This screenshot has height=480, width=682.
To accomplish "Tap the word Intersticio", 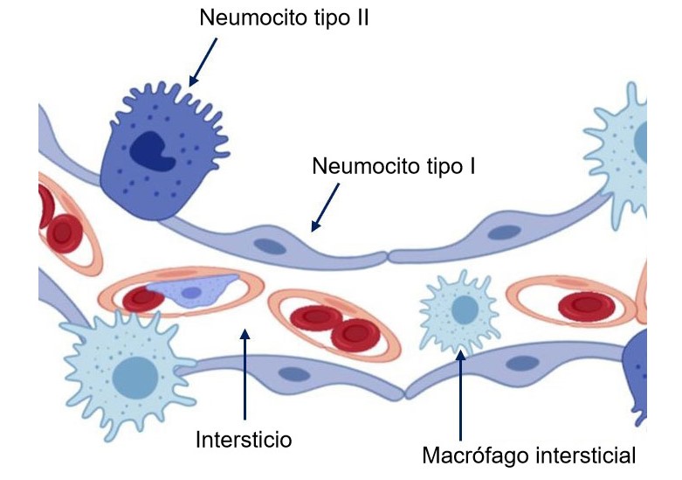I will click(243, 437).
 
